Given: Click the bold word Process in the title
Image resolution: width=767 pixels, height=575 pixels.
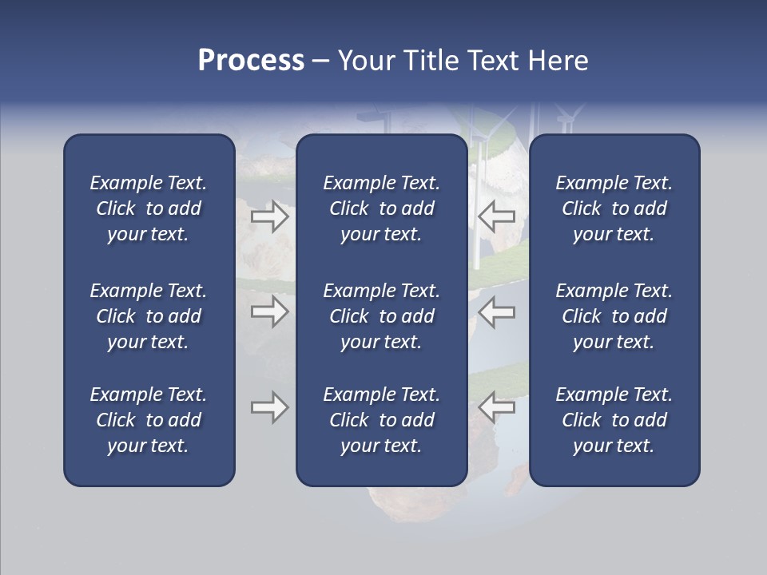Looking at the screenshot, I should [x=251, y=60].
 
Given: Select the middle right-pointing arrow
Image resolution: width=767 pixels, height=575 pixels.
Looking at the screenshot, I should [x=270, y=311].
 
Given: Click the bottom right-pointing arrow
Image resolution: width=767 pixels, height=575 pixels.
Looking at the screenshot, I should [x=270, y=408].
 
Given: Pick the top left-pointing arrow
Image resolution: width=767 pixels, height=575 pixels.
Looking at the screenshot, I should [x=497, y=216].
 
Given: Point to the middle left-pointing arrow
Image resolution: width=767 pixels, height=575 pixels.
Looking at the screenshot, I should [x=497, y=311].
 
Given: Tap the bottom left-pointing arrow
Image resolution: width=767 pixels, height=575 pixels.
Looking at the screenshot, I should [x=497, y=406].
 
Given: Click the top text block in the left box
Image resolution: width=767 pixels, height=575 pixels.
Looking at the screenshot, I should [x=149, y=208].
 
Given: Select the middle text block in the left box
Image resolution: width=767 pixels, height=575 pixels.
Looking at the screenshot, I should [x=149, y=316].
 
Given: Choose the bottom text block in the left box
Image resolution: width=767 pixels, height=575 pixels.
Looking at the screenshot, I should [x=149, y=420].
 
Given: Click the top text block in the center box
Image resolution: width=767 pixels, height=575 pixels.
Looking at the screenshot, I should [x=381, y=208].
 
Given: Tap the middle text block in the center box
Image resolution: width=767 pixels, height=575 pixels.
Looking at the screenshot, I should [x=381, y=316].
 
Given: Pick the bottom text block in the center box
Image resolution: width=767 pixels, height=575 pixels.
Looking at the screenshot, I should [x=381, y=420].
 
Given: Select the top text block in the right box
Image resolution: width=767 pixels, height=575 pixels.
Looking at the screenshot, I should [x=614, y=208].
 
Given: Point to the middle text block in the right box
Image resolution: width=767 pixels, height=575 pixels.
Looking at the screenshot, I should [x=614, y=316].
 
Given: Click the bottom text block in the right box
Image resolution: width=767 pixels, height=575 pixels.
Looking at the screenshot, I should [x=614, y=420].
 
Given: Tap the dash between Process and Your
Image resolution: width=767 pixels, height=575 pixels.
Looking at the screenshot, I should [x=320, y=61].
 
